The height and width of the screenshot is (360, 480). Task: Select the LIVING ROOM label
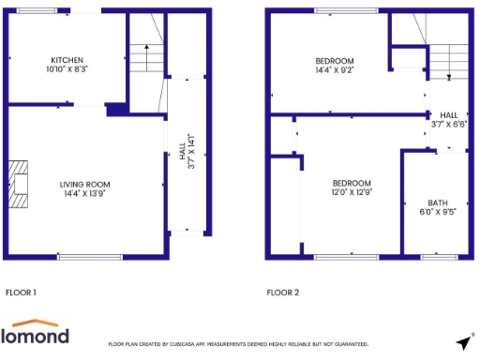[x=85, y=184]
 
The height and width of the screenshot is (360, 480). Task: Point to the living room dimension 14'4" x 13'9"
[x=85, y=194]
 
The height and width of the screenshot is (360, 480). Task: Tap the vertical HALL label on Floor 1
[x=182, y=150]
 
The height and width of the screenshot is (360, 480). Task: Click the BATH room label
[x=438, y=202]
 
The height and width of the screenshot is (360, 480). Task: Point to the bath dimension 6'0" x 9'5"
[x=438, y=213]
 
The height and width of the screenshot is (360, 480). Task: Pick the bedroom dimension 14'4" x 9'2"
[x=334, y=69]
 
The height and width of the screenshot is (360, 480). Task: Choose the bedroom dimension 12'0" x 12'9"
[x=352, y=193]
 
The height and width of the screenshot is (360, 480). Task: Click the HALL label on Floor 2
[x=448, y=114]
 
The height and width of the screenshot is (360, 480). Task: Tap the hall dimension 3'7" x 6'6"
[x=448, y=124]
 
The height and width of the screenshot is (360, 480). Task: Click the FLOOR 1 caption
[x=21, y=292]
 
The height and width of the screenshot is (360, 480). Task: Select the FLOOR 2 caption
[x=282, y=292]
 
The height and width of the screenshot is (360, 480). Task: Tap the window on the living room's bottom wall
[x=90, y=256]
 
